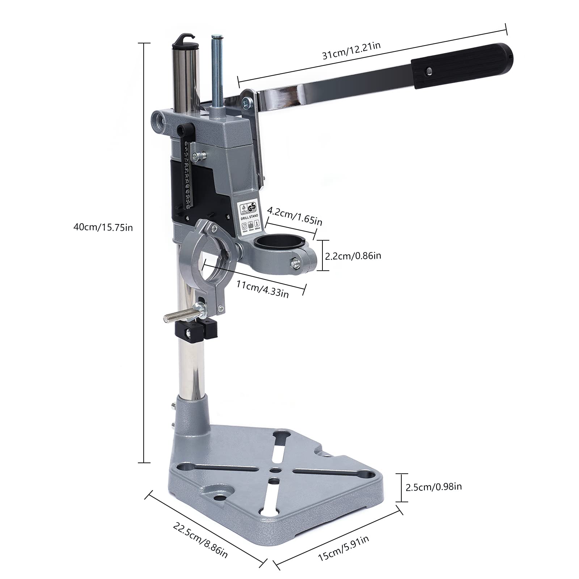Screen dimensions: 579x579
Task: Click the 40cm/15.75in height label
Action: coord(103,227)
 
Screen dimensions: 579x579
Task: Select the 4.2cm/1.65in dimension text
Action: coord(294,216)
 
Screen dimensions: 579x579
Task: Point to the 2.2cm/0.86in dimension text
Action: coord(353,256)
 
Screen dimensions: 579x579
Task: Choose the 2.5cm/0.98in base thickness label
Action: coord(434,487)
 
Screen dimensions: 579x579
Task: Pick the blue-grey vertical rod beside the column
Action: coord(217,72)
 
